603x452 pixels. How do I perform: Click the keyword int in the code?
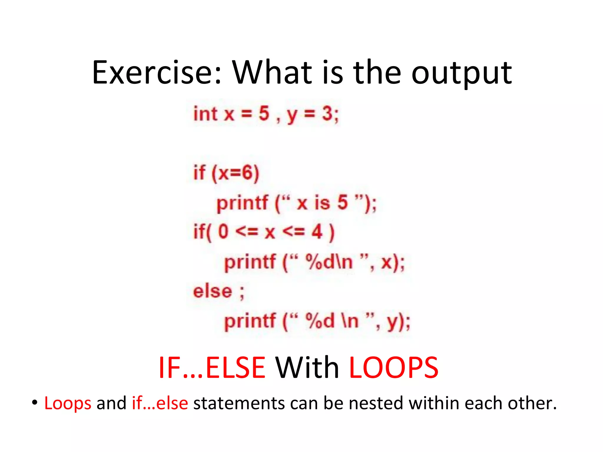click(205, 114)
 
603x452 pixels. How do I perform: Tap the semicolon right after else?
click(242, 293)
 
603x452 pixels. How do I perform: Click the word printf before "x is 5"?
click(242, 203)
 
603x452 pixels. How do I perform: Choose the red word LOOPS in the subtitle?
click(393, 368)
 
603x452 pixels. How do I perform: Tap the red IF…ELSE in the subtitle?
click(212, 368)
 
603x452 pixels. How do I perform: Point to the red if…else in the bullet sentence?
click(160, 403)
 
